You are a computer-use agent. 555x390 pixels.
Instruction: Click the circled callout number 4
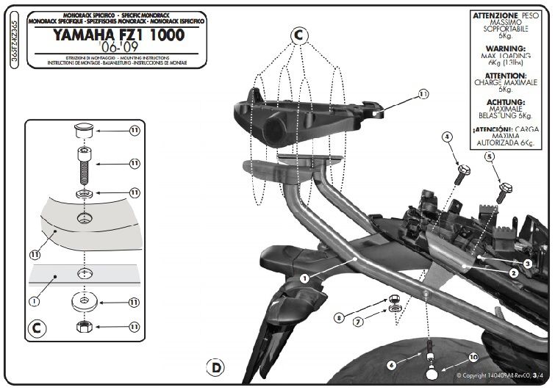446,137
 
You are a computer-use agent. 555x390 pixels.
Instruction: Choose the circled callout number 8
339,318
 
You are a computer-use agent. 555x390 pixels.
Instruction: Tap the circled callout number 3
528,262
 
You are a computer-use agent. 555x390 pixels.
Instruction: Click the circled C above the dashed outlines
298,34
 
